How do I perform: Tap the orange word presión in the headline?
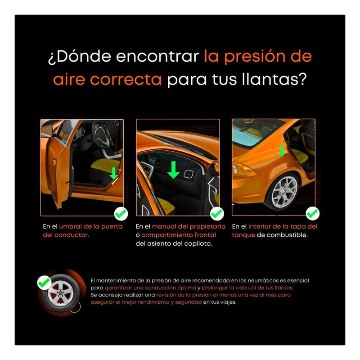254,57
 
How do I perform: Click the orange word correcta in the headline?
126,80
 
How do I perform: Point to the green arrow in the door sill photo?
113,173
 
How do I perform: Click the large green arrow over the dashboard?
173,170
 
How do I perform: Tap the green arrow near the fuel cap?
282,151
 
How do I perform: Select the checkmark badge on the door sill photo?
121,213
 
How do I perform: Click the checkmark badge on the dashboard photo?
217,213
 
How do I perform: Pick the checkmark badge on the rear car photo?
312,213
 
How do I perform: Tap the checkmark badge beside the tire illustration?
44,283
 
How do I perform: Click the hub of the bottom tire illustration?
61,293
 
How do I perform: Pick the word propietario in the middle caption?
207,227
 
